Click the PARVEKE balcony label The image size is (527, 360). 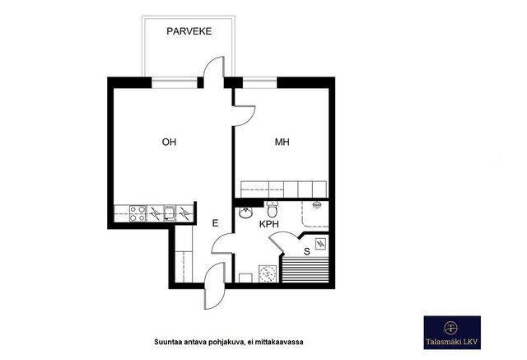click(x=189, y=31)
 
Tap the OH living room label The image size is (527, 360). click(x=169, y=142)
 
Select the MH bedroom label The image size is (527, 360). click(x=282, y=142)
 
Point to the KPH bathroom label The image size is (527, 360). click(x=269, y=224)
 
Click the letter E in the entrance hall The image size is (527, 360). click(x=215, y=223)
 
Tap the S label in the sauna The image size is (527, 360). click(x=306, y=251)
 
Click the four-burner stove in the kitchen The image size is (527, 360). click(x=138, y=214)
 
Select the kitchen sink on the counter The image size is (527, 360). click(x=170, y=214)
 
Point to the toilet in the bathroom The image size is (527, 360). click(x=272, y=209)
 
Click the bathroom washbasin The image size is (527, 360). click(x=246, y=212)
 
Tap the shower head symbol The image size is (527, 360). click(x=316, y=204)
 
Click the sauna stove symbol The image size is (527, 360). click(x=320, y=244)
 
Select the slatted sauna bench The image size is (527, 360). click(x=305, y=269)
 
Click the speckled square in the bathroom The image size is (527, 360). click(x=268, y=274)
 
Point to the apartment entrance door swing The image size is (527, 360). click(x=215, y=286)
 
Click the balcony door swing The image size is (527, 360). click(x=213, y=68)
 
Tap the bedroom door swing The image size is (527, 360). click(x=245, y=116)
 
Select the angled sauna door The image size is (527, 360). click(x=284, y=241)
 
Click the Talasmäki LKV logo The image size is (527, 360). click(x=452, y=333)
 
